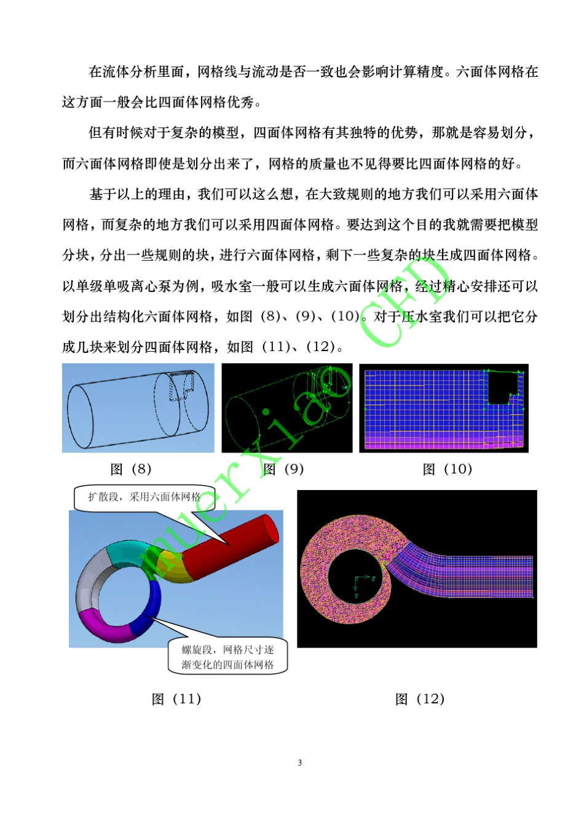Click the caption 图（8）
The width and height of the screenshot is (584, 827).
pyautogui.click(x=131, y=469)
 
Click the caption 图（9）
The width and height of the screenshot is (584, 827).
pyautogui.click(x=283, y=469)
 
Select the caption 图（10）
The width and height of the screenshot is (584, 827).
pyautogui.click(x=448, y=469)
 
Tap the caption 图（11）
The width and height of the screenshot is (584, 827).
pyautogui.click(x=176, y=699)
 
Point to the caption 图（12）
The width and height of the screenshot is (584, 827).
pyautogui.click(x=420, y=699)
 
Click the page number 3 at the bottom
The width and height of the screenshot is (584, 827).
pyautogui.click(x=300, y=762)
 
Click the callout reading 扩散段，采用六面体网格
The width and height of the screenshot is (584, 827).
pyautogui.click(x=144, y=497)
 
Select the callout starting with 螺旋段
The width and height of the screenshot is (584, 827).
pyautogui.click(x=227, y=657)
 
